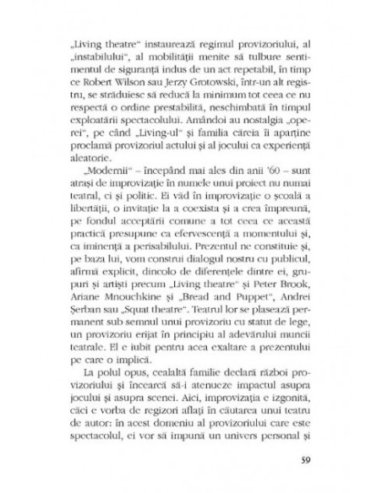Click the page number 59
(306, 462)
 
